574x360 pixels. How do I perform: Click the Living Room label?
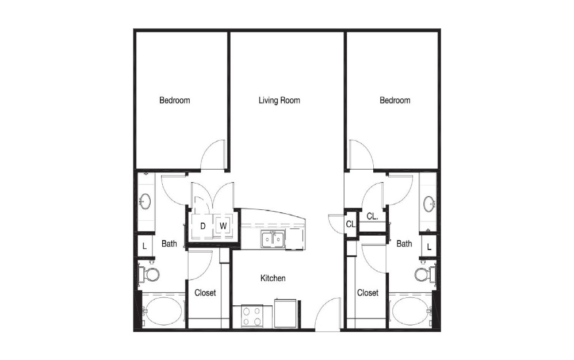[280, 100]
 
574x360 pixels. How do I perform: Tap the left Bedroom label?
[175, 100]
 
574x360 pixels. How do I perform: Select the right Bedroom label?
[395, 100]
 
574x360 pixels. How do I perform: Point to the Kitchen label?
[273, 278]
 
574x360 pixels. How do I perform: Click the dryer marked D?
[202, 226]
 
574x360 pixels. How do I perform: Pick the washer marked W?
[223, 226]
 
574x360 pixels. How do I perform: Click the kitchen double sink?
[273, 240]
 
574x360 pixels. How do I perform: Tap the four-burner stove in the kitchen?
[252, 316]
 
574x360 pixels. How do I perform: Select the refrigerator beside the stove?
[285, 313]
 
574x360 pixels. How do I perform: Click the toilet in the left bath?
[149, 274]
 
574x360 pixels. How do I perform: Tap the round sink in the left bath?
[146, 201]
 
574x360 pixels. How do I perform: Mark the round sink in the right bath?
[429, 204]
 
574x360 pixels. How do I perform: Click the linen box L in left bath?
[144, 246]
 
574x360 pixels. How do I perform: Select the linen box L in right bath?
[429, 246]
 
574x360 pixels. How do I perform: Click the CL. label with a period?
[372, 216]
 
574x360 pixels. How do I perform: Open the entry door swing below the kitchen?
[328, 314]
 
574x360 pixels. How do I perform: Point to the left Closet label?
[205, 293]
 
